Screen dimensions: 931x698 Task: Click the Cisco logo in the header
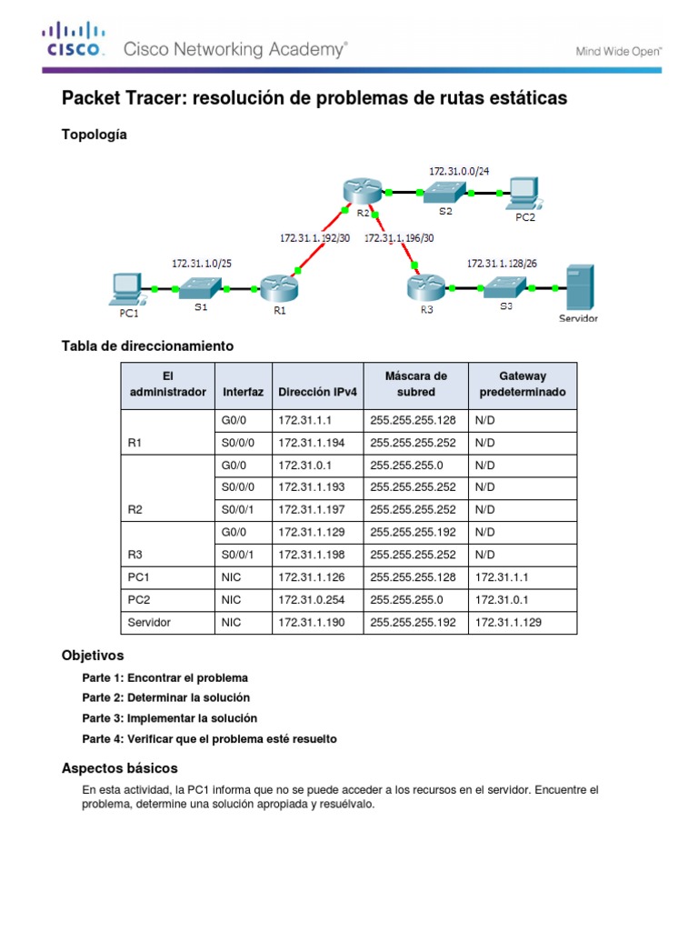tap(75, 42)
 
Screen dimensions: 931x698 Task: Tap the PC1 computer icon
tap(124, 289)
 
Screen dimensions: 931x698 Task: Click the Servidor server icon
tap(579, 288)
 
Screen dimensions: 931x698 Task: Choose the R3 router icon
tap(424, 287)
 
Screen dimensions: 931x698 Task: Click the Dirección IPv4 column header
tap(317, 392)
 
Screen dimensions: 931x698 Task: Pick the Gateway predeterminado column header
tap(522, 384)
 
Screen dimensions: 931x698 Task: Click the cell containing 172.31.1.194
tap(305, 442)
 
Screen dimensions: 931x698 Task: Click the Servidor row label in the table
tap(149, 623)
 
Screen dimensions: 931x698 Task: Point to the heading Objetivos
tap(93, 656)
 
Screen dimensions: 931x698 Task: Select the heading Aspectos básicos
tap(119, 768)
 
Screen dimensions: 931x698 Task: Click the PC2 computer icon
tap(524, 192)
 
